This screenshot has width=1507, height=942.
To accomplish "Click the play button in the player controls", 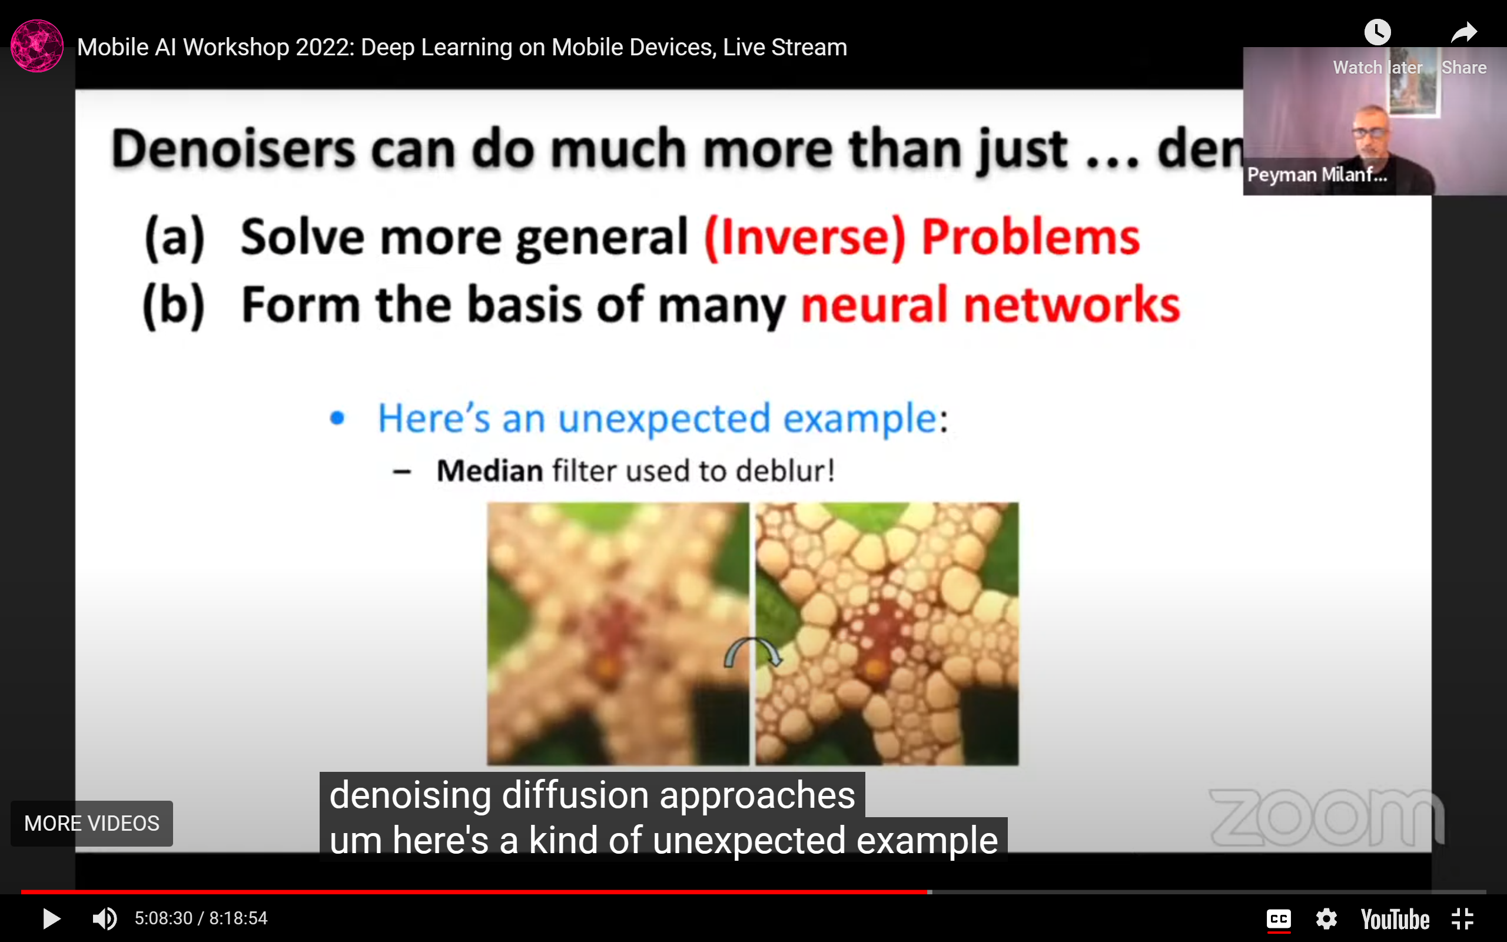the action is coord(51,918).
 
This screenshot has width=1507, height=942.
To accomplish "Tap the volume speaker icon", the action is coord(104,918).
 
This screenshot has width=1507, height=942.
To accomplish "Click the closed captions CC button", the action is coord(1279,919).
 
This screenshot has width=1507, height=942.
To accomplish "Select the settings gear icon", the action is coord(1326,919).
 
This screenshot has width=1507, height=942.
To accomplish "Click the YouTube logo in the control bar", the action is coord(1395,919).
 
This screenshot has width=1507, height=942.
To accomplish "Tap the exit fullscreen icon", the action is coord(1462,919).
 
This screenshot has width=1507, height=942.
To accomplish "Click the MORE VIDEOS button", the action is coord(92,823).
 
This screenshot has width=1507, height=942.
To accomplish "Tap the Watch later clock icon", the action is coord(1377,32).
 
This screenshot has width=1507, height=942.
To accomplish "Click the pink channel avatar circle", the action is coord(36,46).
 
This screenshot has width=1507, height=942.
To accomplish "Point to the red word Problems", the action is coord(1031,237).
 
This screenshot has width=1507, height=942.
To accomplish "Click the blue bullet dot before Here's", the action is coord(337,417).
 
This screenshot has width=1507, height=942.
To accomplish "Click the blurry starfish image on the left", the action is coord(618,633).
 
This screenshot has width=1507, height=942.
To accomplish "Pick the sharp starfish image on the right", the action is coord(887,633).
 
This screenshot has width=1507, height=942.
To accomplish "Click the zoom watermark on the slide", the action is coord(1326,817).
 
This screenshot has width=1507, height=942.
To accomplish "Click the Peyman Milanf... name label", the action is coord(1317,175).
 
